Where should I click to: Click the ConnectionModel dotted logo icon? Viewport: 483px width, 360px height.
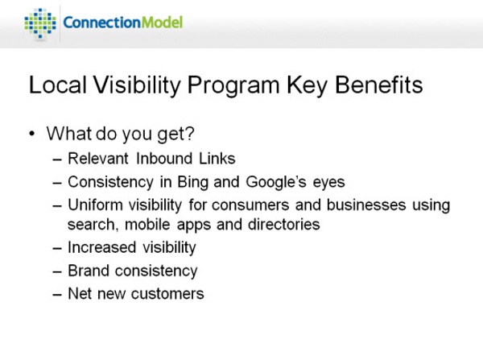40,23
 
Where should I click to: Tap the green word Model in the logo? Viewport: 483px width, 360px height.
162,23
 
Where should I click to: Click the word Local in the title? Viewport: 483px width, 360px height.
58,85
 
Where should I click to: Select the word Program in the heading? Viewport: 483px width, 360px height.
233,86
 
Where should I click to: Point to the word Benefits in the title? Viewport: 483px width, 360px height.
378,85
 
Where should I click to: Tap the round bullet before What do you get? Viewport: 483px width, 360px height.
32,134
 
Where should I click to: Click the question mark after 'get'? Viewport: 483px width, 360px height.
190,133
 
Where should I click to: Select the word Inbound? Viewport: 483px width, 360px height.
164,159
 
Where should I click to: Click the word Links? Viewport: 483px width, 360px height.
217,159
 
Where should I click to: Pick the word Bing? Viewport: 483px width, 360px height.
193,183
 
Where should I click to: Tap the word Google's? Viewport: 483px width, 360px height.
276,183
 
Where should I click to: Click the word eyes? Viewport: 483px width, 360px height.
328,184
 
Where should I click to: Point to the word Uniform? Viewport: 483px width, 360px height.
95,205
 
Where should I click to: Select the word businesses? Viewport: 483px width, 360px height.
366,205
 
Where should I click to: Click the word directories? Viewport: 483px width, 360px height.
283,224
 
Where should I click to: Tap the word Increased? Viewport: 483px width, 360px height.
102,247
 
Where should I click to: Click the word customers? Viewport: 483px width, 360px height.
167,294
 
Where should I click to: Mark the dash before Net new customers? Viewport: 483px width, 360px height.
57,295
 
